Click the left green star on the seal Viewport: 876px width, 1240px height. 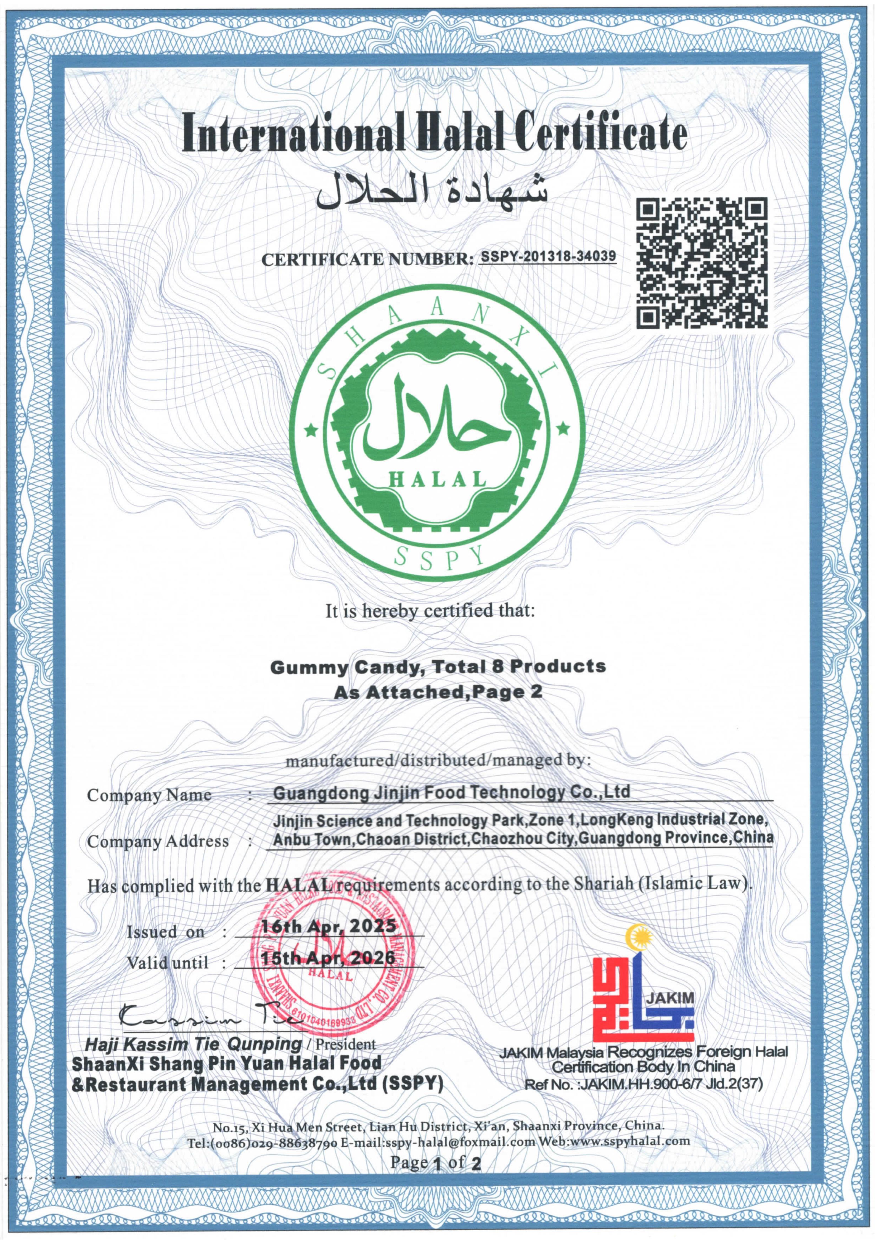[x=311, y=430]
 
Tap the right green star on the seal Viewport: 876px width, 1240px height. [x=563, y=429]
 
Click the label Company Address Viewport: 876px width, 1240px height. [x=158, y=841]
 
